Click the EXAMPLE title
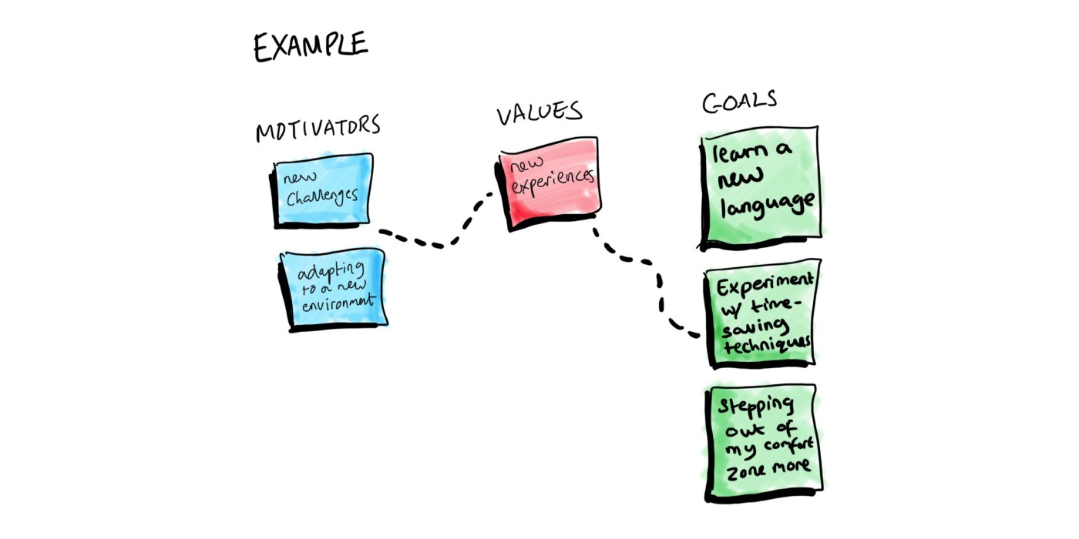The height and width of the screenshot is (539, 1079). (310, 47)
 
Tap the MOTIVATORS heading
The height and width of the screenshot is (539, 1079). (318, 129)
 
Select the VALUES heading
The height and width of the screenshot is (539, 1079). (539, 113)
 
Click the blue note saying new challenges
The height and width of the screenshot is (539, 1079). (323, 189)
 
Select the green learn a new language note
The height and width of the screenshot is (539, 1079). (760, 186)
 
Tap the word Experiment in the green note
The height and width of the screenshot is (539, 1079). (764, 286)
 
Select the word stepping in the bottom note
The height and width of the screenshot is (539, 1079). (755, 407)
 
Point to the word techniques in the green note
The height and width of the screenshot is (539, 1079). (767, 343)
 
